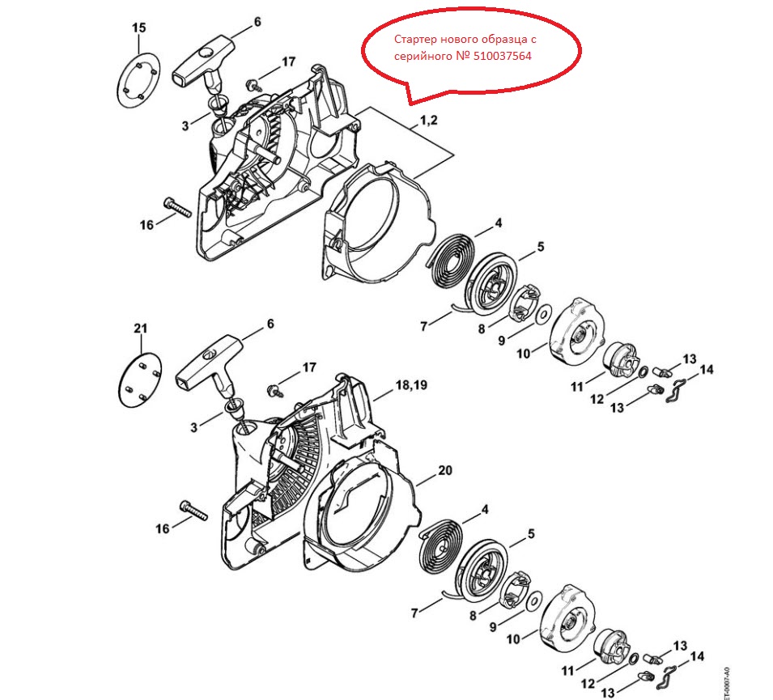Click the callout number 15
139,28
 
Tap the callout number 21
141,329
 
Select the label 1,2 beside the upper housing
428,121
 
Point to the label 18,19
411,385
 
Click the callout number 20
444,471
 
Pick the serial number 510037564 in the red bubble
503,56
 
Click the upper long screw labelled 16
176,207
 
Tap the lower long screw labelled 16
193,510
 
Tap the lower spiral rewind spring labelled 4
441,546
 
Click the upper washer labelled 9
544,315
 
